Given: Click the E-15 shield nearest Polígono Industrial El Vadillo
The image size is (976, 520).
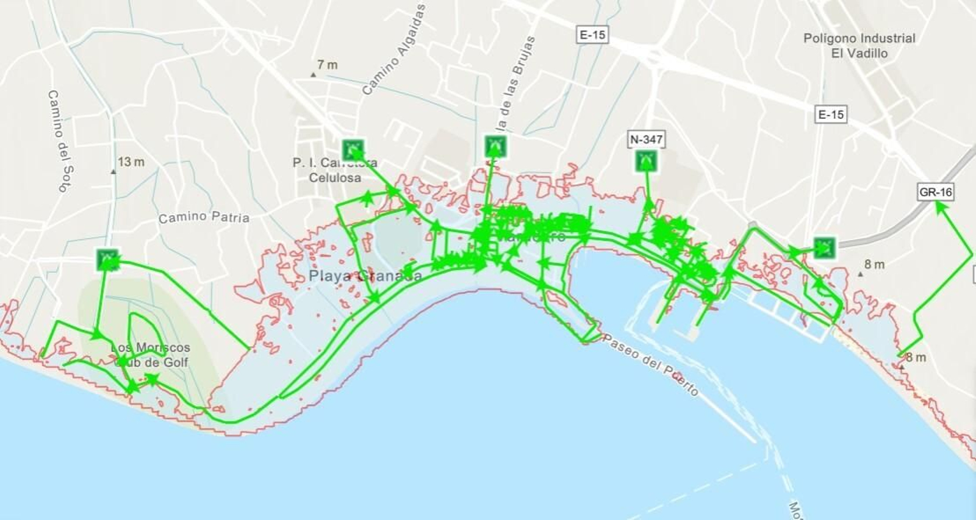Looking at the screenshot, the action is (x=831, y=114).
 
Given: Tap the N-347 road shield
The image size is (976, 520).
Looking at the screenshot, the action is (x=646, y=140).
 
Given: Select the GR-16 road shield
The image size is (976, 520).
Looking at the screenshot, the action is (x=935, y=192).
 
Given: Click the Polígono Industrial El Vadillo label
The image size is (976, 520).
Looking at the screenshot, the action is (x=859, y=46).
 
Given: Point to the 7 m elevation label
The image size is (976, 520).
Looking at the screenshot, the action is (x=327, y=65).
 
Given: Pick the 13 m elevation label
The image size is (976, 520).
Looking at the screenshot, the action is (x=131, y=162).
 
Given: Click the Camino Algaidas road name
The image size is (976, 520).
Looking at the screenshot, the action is (x=393, y=50).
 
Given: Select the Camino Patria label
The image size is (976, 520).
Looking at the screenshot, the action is (x=204, y=217).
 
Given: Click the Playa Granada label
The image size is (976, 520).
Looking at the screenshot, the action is (x=365, y=276).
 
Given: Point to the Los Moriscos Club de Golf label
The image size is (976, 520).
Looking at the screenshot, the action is (x=151, y=355).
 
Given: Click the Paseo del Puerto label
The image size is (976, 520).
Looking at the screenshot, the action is (x=650, y=365).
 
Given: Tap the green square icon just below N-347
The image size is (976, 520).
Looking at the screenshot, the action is (x=645, y=162).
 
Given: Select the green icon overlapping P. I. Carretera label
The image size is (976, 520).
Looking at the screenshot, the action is (x=353, y=149).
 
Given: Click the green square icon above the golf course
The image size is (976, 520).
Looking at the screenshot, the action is (x=108, y=259).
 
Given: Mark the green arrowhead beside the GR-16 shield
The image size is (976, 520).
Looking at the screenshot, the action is (x=941, y=207).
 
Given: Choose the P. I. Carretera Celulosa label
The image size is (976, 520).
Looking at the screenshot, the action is (x=335, y=170).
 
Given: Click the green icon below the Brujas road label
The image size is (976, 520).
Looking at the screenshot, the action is (x=495, y=146).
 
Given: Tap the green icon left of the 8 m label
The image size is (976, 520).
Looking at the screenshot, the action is (x=824, y=247).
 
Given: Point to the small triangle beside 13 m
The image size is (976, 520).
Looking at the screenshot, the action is (x=113, y=172).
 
